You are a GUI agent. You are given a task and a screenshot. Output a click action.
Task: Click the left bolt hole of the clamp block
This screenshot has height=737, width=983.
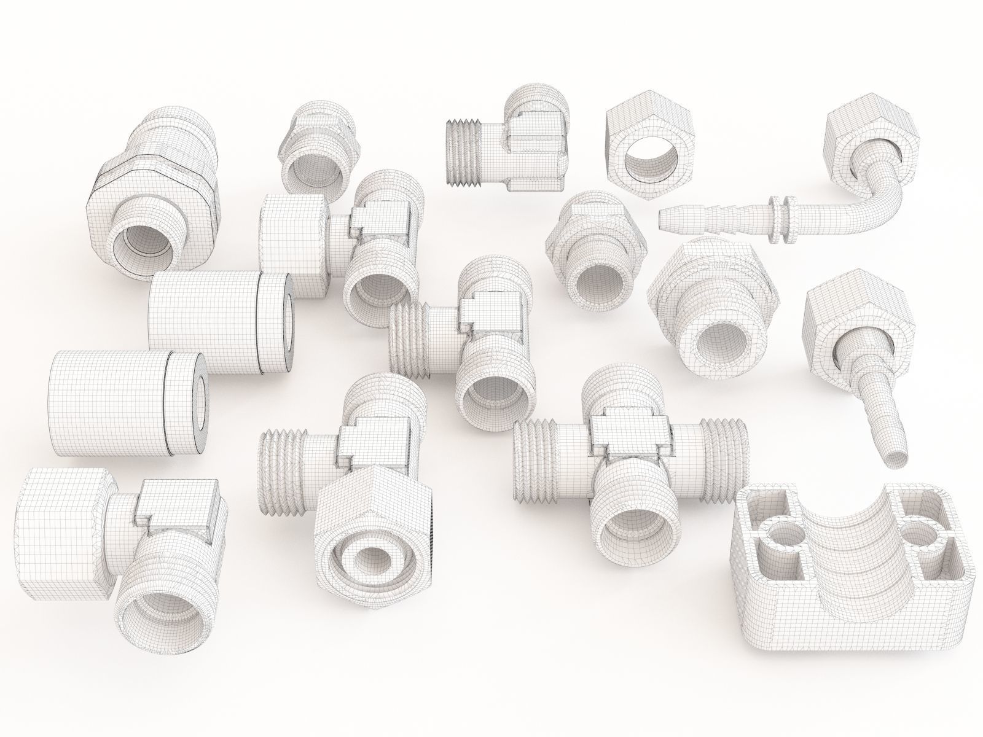776,535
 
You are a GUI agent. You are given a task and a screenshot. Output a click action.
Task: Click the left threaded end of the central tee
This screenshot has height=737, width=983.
407,342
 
